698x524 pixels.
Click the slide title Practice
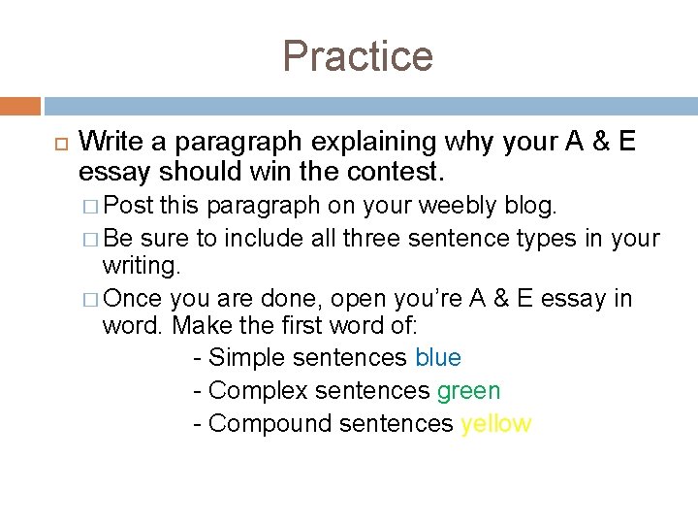point(358,56)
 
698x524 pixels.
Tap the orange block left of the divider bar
point(20,105)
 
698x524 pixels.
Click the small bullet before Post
point(90,207)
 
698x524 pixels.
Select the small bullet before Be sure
point(90,239)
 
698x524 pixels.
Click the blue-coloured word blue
point(438,357)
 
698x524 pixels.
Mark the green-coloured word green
point(469,391)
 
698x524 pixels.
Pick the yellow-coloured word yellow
point(496,424)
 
